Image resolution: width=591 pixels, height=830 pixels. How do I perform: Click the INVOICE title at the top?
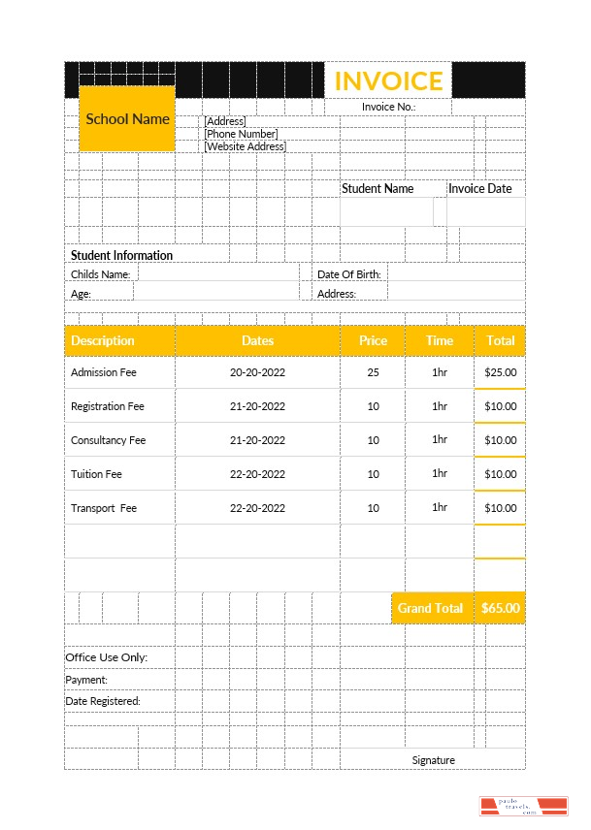(388, 80)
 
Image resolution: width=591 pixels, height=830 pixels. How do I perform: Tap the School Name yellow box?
(127, 119)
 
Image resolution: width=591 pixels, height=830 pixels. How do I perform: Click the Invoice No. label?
(388, 107)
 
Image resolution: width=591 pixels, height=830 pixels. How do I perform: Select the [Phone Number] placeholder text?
(242, 134)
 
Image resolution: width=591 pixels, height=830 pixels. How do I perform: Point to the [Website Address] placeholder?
(245, 146)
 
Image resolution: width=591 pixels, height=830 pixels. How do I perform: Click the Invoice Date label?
(479, 189)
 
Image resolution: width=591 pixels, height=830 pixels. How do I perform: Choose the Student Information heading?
(121, 256)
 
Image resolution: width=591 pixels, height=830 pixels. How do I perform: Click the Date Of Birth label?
(349, 274)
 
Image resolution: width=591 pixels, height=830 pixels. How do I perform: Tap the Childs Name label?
(100, 274)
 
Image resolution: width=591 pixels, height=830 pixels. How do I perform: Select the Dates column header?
(257, 341)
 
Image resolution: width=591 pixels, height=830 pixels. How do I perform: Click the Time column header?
(439, 341)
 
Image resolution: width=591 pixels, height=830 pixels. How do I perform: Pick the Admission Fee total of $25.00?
(501, 372)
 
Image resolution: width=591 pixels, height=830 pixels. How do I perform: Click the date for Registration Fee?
(257, 406)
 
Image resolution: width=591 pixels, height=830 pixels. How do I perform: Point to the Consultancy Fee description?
(108, 440)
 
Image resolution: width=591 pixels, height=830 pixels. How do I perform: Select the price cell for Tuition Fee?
(373, 474)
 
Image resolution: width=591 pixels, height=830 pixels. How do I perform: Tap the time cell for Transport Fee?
(439, 507)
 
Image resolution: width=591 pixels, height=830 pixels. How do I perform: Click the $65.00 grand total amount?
(501, 608)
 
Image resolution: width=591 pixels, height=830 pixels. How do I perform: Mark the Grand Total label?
(430, 608)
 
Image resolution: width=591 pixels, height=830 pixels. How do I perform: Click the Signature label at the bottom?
(433, 760)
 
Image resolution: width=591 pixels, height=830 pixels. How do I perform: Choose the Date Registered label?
(103, 701)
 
